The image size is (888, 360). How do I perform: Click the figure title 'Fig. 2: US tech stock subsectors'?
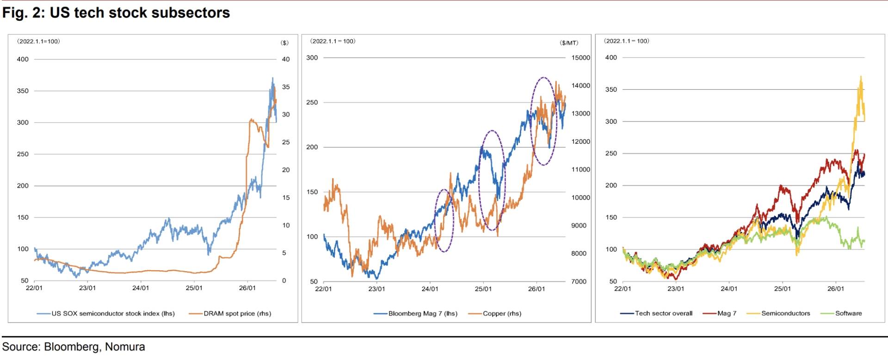pyautogui.click(x=116, y=12)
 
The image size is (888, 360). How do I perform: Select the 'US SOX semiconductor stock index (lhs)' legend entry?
pyautogui.click(x=106, y=313)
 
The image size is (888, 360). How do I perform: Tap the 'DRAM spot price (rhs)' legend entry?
pyautogui.click(x=230, y=313)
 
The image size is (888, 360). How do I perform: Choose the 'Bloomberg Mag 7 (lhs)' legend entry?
pyautogui.click(x=415, y=313)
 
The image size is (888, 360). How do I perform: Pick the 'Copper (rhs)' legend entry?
pyautogui.click(x=494, y=313)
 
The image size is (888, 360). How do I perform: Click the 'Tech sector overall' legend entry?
pyautogui.click(x=656, y=313)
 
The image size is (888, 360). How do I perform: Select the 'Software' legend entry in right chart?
pyautogui.click(x=841, y=313)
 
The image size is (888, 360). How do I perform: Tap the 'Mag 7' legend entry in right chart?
pyautogui.click(x=719, y=313)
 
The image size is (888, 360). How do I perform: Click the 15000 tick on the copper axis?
pyautogui.click(x=581, y=58)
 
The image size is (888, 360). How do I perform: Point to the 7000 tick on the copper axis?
pyautogui.click(x=579, y=281)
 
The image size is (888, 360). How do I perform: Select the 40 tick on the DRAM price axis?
pyautogui.click(x=286, y=59)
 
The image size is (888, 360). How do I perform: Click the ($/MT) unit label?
pyautogui.click(x=569, y=43)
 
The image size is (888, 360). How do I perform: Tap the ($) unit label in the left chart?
pyautogui.click(x=284, y=43)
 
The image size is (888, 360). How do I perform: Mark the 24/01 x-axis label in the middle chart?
pyautogui.click(x=430, y=289)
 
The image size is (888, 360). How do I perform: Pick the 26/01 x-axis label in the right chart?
pyautogui.click(x=836, y=289)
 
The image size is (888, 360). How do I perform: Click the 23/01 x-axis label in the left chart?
pyautogui.click(x=87, y=288)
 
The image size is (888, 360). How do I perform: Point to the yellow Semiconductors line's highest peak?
pyautogui.click(x=861, y=76)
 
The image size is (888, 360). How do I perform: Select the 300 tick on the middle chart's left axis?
pyautogui.click(x=312, y=58)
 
